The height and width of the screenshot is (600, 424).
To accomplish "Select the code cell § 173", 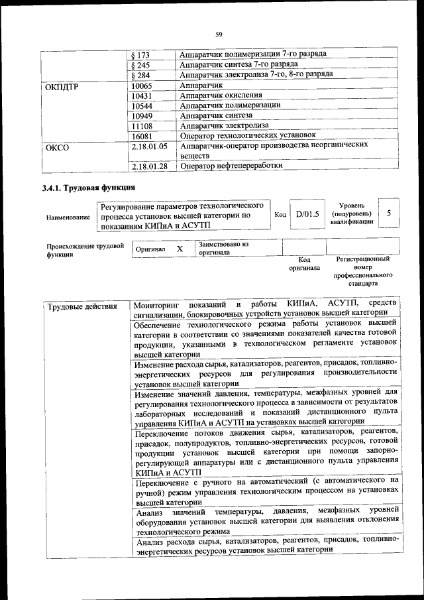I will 141,54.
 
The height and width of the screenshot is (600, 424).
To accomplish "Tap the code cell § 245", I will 141,65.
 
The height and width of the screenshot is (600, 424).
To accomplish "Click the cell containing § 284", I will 141,76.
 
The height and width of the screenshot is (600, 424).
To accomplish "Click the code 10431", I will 142,96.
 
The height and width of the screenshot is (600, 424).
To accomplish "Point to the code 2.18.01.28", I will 150,166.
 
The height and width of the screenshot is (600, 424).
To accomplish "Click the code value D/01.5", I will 307,214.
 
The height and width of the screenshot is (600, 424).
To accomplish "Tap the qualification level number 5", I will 390,213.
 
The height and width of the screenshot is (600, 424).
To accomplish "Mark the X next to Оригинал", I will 179,249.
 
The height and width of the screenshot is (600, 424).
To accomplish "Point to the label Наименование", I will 68,217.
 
